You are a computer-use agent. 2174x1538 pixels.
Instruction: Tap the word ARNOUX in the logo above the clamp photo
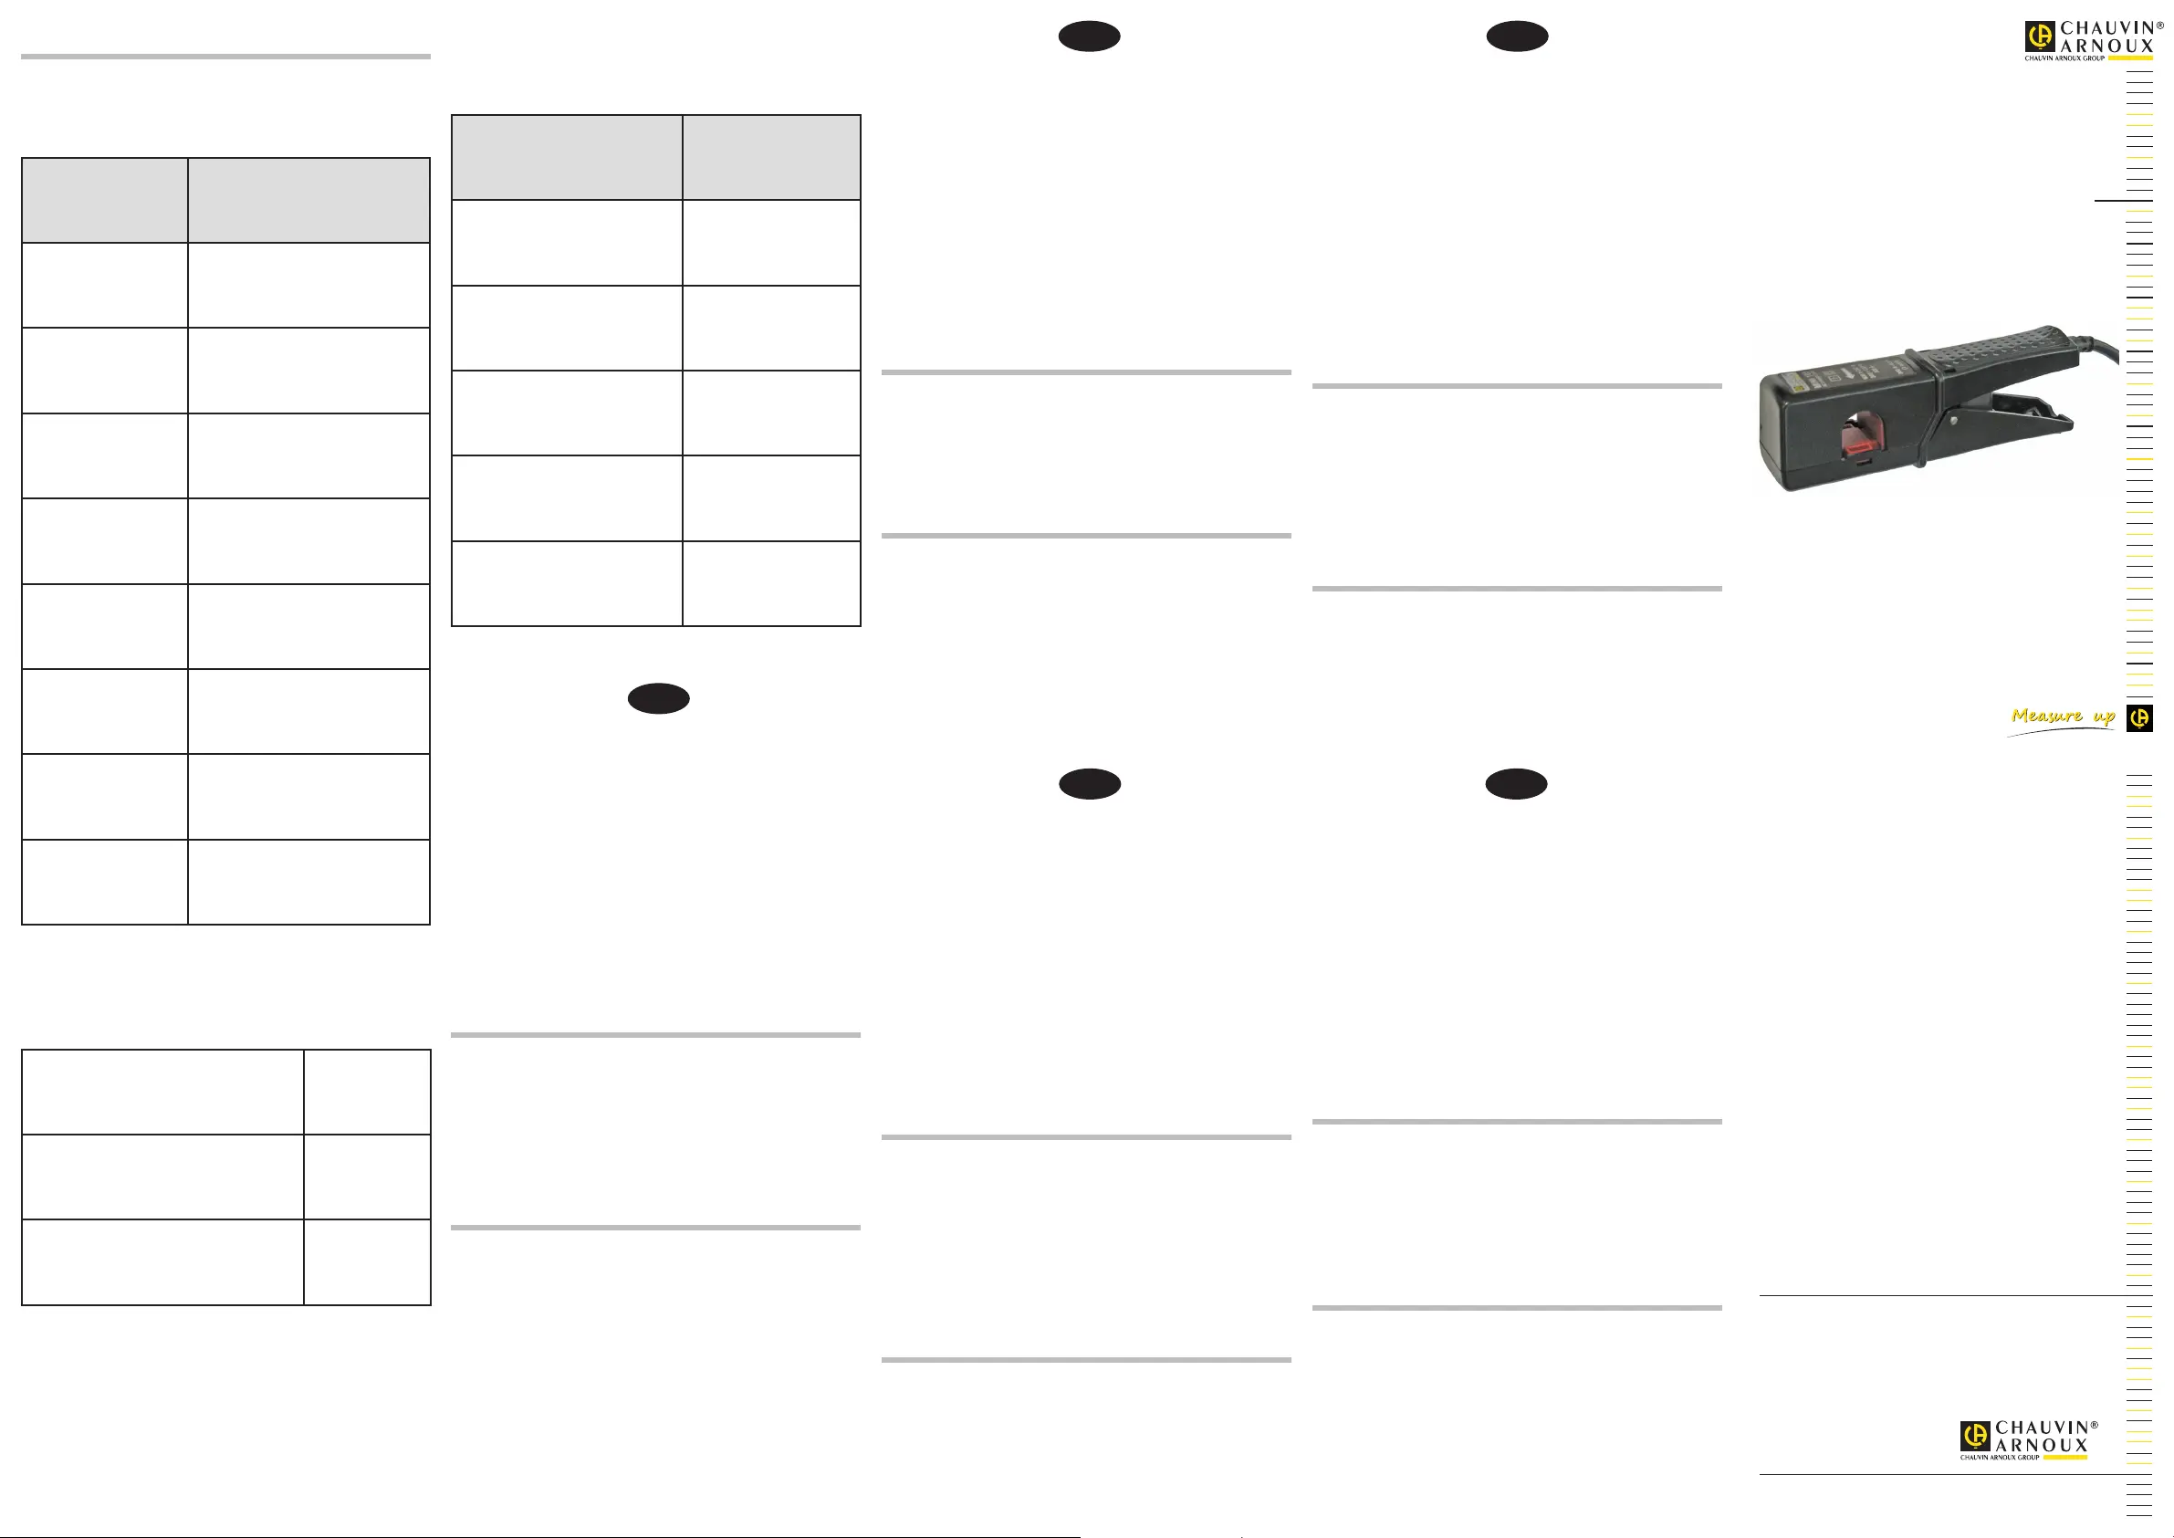(x=2106, y=46)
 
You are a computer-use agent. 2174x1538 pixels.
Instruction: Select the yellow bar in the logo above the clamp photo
(x=2130, y=58)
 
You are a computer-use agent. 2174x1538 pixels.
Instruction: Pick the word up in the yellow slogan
(x=2104, y=717)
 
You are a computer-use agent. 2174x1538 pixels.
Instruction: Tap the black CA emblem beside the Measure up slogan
(x=2140, y=719)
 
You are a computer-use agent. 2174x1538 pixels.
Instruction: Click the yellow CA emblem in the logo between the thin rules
(x=1974, y=1436)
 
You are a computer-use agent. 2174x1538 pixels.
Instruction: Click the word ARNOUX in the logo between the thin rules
(x=2042, y=1445)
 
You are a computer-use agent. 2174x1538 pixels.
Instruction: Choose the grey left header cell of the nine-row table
(x=104, y=200)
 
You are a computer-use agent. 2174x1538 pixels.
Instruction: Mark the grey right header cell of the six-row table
(x=770, y=157)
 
